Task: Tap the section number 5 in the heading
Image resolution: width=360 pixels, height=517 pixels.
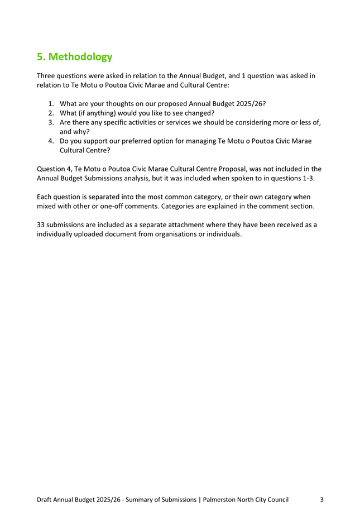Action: coord(40,57)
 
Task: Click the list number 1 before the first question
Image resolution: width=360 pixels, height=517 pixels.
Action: coord(51,103)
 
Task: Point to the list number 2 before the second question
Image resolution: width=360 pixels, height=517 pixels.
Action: coord(51,113)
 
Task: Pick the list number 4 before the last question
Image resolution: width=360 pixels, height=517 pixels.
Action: coord(51,141)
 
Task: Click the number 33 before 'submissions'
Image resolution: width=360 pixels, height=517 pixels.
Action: coord(41,225)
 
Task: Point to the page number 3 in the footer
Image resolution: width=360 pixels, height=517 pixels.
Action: coord(322,500)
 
